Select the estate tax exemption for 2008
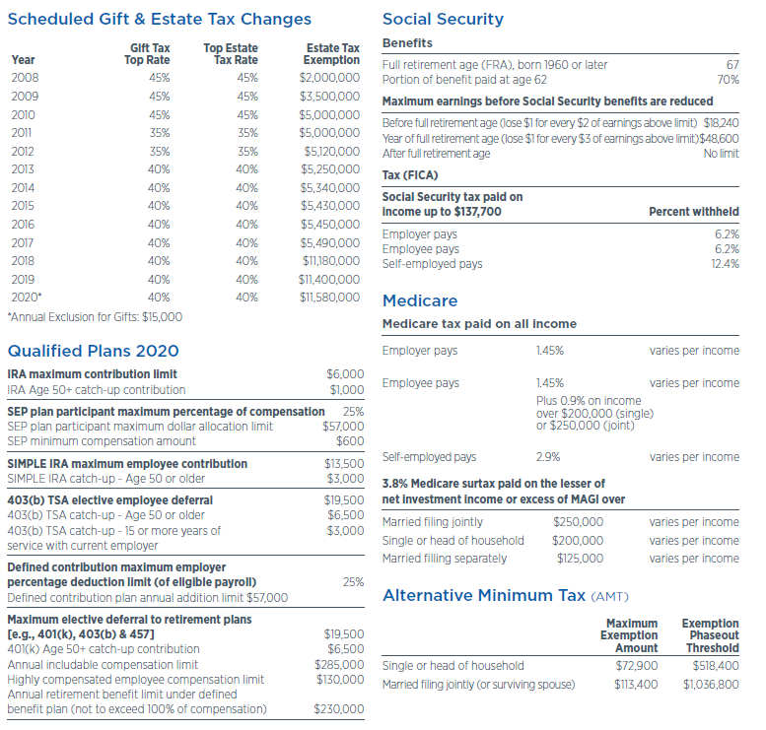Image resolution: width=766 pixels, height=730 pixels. coord(329,77)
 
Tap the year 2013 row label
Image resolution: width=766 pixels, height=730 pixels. coord(23,168)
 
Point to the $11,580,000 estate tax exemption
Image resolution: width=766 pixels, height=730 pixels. coord(328,297)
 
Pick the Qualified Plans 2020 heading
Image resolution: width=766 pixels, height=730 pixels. coord(93,351)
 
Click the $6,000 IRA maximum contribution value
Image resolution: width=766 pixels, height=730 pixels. coord(345,374)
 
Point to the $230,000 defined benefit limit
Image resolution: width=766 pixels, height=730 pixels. coord(339,709)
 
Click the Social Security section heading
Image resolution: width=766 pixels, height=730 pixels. coord(443,19)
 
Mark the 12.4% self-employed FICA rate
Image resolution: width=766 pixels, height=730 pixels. coord(725,264)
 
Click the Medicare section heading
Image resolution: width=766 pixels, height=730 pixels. coord(420,300)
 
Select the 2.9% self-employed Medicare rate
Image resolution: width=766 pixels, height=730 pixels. coord(548,457)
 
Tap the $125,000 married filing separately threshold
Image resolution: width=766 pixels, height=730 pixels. coord(579,559)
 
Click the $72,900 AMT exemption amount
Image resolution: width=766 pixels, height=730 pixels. coord(635,666)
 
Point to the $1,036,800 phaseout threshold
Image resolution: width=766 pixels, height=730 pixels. coord(711,685)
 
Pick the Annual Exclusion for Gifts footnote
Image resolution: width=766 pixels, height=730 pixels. coord(95,317)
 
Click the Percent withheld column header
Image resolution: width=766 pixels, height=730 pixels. coord(693,212)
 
